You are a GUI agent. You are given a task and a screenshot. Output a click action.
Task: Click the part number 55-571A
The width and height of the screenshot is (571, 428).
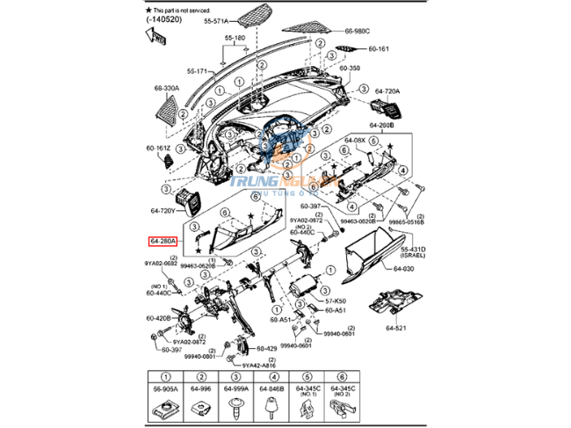click(216, 19)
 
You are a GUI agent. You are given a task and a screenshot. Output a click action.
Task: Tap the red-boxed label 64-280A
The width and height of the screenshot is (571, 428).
click(163, 239)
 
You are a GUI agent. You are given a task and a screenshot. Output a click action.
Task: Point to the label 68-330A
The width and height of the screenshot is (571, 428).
click(166, 88)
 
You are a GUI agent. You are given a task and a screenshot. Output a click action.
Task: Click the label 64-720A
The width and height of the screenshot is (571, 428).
click(387, 91)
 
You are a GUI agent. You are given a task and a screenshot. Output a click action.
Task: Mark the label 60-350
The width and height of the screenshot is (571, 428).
click(350, 67)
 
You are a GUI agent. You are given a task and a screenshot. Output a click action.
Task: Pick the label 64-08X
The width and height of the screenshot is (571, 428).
click(355, 140)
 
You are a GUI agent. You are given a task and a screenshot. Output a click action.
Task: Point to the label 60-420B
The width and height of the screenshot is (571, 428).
click(159, 317)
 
